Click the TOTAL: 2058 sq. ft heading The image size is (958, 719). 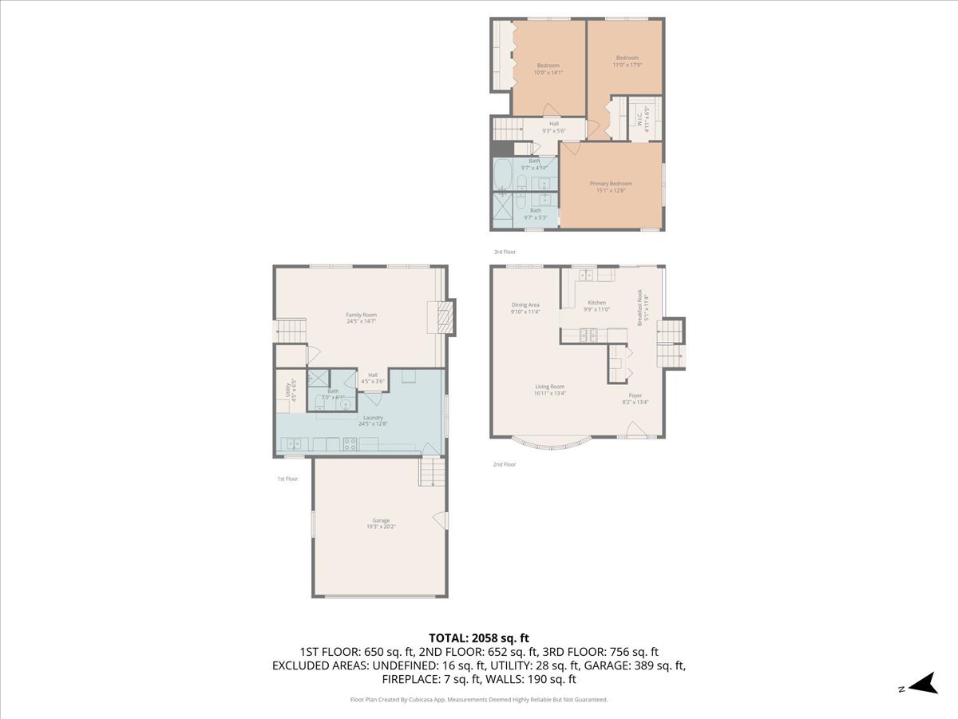[x=479, y=638]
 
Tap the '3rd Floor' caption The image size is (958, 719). [x=505, y=252]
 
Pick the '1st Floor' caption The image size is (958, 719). [x=287, y=479]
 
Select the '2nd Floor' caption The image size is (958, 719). [x=505, y=464]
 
